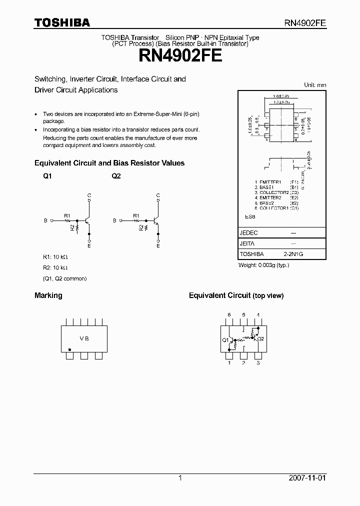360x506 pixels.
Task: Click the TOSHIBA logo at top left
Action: click(x=62, y=22)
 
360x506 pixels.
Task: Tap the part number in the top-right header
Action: click(x=305, y=23)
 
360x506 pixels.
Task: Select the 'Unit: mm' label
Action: click(x=315, y=85)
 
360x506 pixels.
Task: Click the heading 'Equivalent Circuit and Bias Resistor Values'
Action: click(x=109, y=163)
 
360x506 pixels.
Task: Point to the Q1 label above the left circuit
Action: click(x=47, y=176)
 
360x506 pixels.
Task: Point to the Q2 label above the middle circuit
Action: click(x=116, y=176)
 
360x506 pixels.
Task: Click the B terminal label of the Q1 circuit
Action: click(x=46, y=220)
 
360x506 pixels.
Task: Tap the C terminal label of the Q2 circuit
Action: click(x=158, y=195)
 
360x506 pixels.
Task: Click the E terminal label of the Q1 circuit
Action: click(x=89, y=245)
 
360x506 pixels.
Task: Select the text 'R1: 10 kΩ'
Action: click(x=55, y=257)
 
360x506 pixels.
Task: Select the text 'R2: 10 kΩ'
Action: click(x=55, y=267)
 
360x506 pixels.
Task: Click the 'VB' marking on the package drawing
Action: click(x=84, y=338)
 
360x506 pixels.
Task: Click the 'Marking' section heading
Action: click(x=48, y=295)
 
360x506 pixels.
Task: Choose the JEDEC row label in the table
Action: click(x=249, y=232)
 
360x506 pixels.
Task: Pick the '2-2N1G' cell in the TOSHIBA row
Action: click(x=293, y=254)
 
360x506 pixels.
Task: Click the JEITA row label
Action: click(x=247, y=243)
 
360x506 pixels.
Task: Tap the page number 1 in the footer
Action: click(x=180, y=478)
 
